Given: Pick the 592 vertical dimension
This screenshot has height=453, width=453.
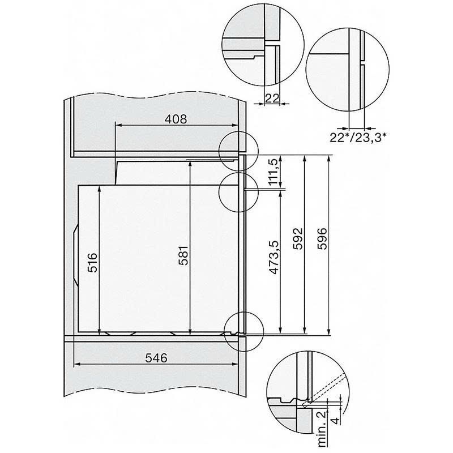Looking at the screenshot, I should pyautogui.click(x=298, y=238).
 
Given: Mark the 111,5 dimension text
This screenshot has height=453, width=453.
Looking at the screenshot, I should pyautogui.click(x=273, y=172).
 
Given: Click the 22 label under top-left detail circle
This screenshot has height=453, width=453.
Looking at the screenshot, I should pyautogui.click(x=272, y=99).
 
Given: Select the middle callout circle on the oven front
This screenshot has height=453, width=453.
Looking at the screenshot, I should pyautogui.click(x=238, y=192).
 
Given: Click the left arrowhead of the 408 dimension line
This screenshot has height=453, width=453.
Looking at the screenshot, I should pyautogui.click(x=117, y=127).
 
